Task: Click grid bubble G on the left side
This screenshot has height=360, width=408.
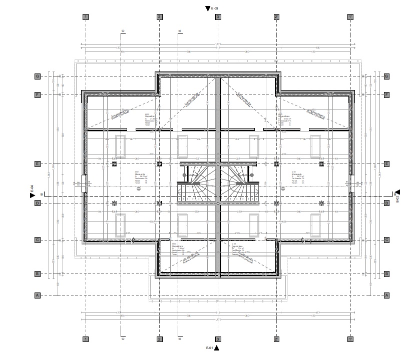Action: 37,76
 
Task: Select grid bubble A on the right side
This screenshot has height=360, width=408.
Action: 386,295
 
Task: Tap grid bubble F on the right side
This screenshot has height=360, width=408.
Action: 386,94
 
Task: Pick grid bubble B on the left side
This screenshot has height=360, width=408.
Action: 37,274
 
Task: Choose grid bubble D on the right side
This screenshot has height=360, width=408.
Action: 386,203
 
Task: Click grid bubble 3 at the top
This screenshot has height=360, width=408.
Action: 218,17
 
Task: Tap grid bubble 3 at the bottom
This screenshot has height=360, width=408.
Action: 218,339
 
